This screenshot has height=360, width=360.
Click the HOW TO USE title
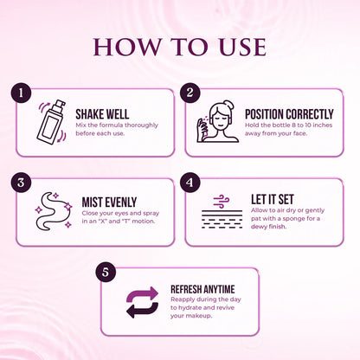point(180,46)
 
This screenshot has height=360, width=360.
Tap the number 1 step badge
point(23,92)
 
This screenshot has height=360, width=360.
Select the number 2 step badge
point(192,92)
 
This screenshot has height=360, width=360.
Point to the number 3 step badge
point(23,182)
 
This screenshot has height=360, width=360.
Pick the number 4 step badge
point(192,182)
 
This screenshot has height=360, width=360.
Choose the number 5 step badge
point(107,272)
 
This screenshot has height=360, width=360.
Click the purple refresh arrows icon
point(142,302)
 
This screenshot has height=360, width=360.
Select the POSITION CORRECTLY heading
point(287,113)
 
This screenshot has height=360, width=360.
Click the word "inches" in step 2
point(330,126)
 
